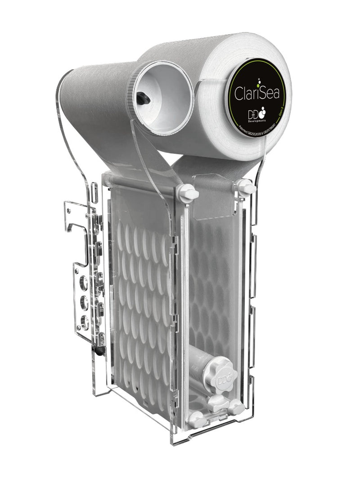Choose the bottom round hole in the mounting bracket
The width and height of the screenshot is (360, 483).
coord(84,321)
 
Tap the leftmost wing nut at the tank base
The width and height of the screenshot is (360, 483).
coord(196,420)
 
